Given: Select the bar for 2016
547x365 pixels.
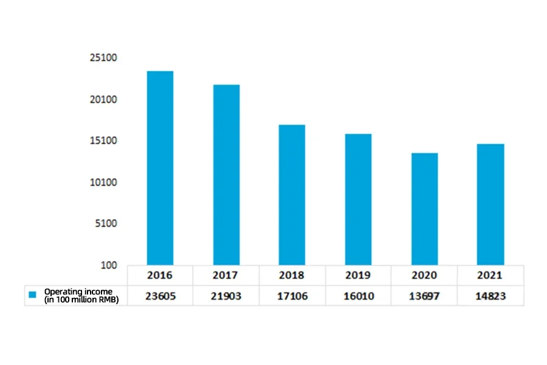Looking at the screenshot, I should [160, 168].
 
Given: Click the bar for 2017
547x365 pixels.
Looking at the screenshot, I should [226, 175].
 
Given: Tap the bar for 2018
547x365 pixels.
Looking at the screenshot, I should [292, 195].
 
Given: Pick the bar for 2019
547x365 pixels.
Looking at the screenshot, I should [358, 199].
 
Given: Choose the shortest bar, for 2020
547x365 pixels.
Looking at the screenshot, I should [424, 209].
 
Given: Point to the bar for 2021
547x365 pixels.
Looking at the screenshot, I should [490, 204].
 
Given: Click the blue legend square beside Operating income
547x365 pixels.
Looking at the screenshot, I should [33, 295].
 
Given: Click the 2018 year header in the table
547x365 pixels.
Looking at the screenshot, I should [292, 275].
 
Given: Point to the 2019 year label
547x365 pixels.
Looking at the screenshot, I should [358, 275].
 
